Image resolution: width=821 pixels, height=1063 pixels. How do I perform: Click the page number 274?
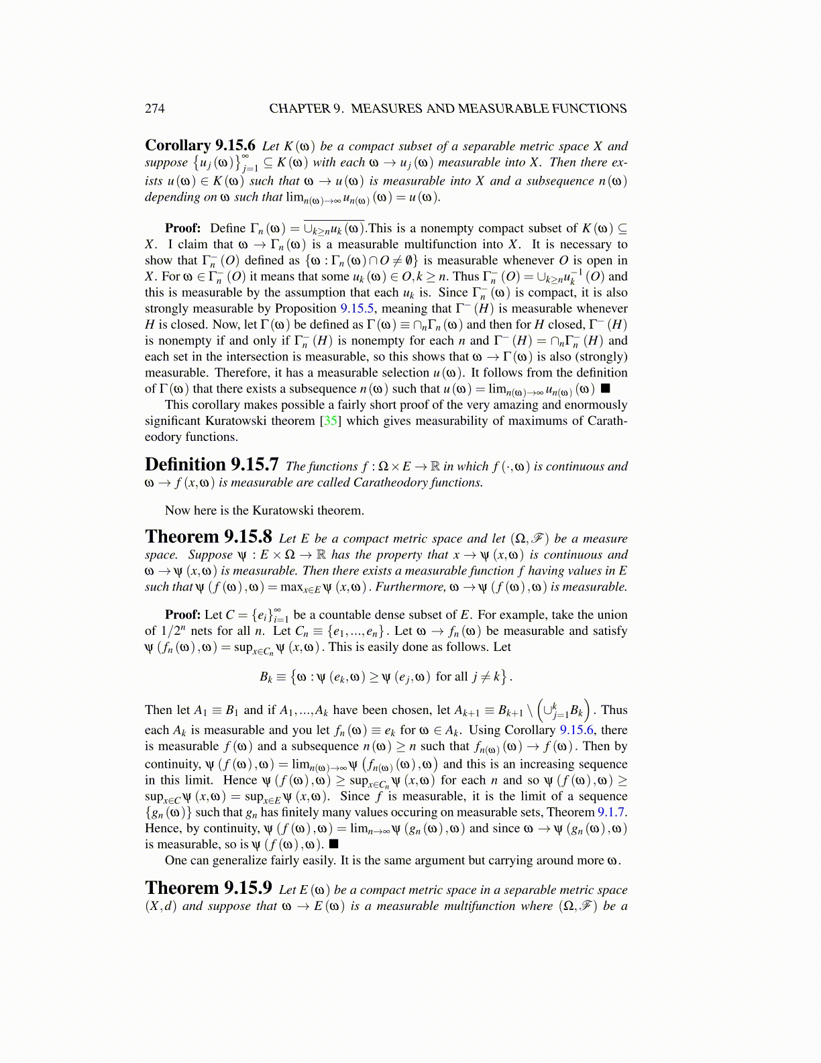(154, 109)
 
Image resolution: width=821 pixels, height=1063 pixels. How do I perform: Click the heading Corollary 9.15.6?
(200, 146)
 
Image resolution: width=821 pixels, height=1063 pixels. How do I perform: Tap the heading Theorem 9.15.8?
(208, 538)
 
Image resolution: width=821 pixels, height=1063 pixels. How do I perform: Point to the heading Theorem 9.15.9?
(208, 889)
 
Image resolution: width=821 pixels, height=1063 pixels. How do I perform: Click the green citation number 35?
(330, 421)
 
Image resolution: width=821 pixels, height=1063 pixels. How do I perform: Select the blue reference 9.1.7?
(612, 813)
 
